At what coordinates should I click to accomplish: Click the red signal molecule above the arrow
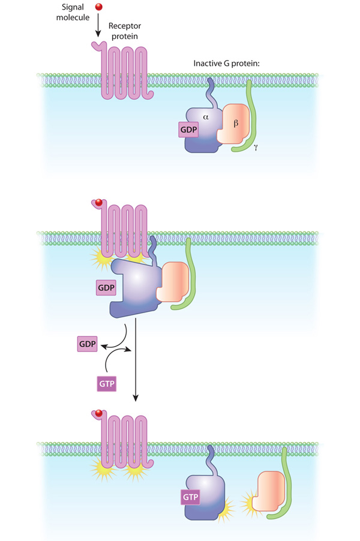click(100, 8)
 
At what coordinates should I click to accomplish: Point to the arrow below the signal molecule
click(100, 28)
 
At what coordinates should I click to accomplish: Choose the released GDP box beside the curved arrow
click(86, 344)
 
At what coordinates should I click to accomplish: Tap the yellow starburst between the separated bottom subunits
click(247, 498)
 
